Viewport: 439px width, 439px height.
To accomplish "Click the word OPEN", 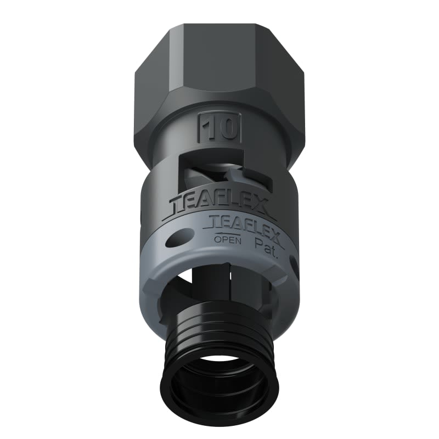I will [225, 240].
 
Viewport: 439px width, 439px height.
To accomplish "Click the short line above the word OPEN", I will [224, 233].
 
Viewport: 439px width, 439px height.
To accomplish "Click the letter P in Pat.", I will [258, 241].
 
